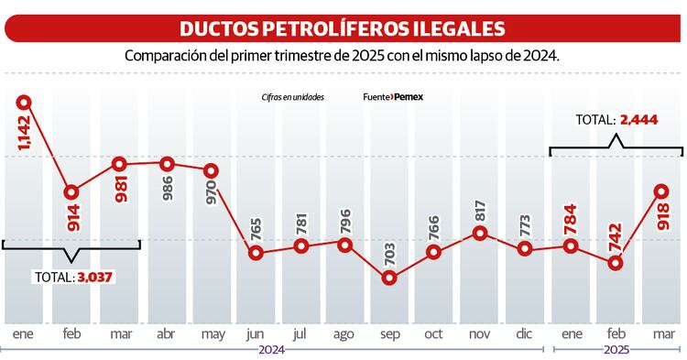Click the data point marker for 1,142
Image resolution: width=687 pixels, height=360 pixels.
click(25, 103)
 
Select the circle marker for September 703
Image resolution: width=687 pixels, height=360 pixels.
click(389, 278)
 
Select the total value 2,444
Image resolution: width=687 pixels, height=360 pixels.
click(638, 119)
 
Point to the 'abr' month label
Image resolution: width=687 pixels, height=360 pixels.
click(166, 333)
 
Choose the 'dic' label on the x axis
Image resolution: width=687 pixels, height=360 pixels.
click(525, 333)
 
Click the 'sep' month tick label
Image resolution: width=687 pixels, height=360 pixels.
click(389, 333)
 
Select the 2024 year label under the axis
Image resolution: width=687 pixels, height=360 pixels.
click(272, 351)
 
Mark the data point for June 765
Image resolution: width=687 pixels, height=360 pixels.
click(256, 253)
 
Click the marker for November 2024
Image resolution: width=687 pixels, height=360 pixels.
click(479, 233)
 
